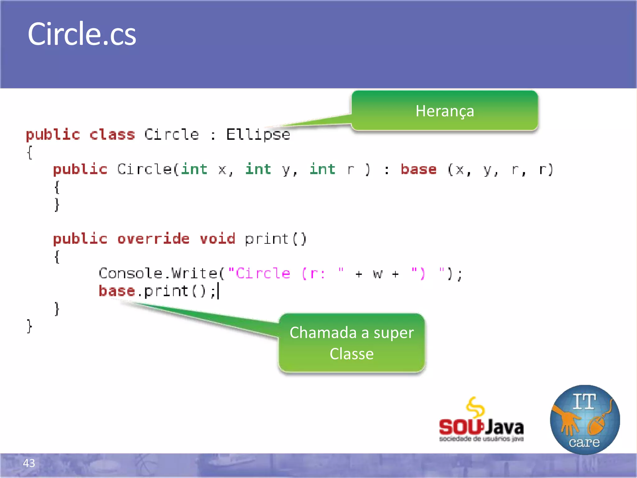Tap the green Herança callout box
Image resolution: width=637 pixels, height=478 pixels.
pos(444,111)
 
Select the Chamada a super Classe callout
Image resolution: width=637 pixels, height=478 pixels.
pos(351,343)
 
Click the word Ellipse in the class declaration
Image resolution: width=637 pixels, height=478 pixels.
pos(258,135)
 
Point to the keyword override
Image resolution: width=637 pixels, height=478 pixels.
pos(153,239)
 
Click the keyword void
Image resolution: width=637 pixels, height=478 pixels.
pos(217,239)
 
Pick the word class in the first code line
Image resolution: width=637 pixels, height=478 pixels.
pos(112,135)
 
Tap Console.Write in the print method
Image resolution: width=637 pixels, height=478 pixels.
pos(158,274)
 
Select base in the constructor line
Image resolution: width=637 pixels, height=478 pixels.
pos(419,170)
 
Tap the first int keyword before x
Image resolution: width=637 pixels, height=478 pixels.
pos(194,170)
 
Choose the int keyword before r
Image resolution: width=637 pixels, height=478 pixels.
pos(323,170)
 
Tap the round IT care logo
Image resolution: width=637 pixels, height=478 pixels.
pos(585,419)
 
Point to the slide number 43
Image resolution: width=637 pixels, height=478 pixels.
pos(29,463)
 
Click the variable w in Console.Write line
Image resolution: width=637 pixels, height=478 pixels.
pos(377,274)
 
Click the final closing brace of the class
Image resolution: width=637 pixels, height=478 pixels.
pos(29,326)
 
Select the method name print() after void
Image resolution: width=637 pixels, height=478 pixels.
pos(276,239)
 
